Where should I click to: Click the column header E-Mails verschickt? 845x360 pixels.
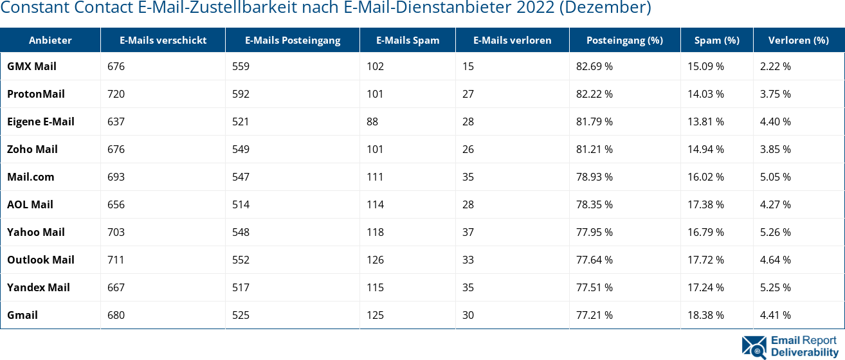click(163, 40)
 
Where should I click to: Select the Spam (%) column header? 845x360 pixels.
click(716, 40)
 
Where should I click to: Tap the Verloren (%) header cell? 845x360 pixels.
click(798, 40)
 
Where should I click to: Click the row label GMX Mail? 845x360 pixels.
click(32, 66)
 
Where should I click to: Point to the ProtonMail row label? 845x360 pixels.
click(36, 94)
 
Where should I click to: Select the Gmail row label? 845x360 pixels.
click(23, 315)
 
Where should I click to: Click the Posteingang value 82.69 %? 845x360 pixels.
click(594, 66)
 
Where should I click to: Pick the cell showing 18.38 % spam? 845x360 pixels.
click(705, 315)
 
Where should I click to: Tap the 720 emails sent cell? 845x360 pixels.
click(116, 94)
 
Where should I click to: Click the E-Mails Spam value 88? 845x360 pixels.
click(372, 122)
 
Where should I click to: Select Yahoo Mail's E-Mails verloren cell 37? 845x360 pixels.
click(468, 232)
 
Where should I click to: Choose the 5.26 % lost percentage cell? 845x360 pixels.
click(775, 232)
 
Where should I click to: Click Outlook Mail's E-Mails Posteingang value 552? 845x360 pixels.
click(241, 260)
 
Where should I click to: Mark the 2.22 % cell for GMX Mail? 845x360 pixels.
click(775, 66)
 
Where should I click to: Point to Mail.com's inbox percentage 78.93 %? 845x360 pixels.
click(594, 177)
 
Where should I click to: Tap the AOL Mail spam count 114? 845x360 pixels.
click(375, 204)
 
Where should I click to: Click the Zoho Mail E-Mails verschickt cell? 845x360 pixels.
click(116, 149)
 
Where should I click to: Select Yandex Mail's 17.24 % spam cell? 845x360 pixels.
click(705, 287)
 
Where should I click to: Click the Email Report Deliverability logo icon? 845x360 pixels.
click(754, 346)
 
